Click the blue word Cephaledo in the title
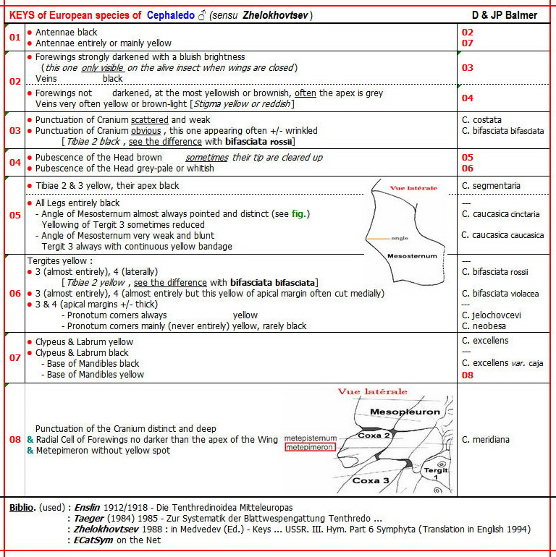tap(172, 15)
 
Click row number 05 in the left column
tap(15, 215)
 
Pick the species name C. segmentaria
tap(491, 186)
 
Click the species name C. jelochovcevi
tap(492, 315)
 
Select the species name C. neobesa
tap(484, 326)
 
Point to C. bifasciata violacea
tap(500, 294)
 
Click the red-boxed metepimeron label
tap(310, 448)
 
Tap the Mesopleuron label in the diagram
tap(405, 412)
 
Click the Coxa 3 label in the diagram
tap(370, 480)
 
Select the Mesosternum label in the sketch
tap(412, 256)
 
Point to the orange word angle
tap(400, 237)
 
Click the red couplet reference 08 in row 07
tap(468, 375)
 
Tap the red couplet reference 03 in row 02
tap(468, 68)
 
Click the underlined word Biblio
tap(22, 507)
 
